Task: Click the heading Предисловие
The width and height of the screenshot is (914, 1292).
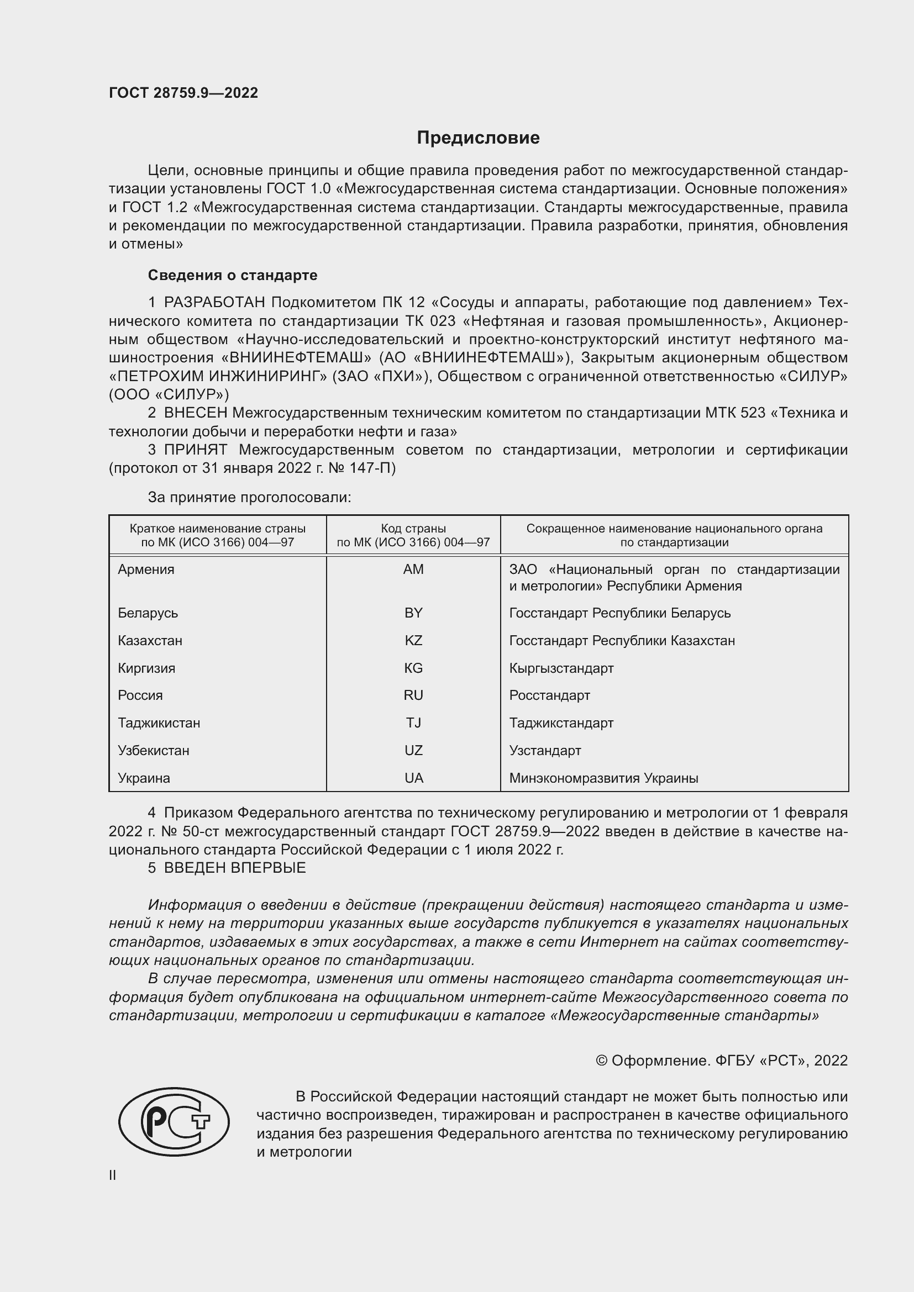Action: [x=478, y=138]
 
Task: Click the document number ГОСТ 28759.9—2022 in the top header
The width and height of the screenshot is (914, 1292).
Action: [x=183, y=93]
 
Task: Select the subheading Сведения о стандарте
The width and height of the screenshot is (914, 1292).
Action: [x=233, y=275]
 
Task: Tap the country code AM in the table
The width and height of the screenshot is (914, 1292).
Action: [x=413, y=569]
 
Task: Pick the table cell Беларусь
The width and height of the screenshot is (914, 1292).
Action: [x=148, y=613]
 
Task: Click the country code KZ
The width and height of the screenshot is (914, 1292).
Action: [x=413, y=640]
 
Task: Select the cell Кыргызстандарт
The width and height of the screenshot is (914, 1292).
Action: [x=561, y=668]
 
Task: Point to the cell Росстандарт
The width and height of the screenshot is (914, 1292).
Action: [x=549, y=695]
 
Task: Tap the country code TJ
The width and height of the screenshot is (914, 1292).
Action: [x=413, y=723]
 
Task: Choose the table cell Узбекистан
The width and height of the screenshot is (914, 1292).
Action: [x=154, y=751]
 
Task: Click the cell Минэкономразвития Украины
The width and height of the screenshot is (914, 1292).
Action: [x=603, y=778]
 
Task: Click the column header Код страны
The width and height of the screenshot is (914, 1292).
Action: [x=413, y=529]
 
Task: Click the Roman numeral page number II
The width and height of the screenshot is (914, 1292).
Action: [x=113, y=1175]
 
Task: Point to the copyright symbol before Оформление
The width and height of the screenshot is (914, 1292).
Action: [x=601, y=1061]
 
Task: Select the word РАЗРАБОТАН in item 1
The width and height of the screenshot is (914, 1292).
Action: [x=214, y=303]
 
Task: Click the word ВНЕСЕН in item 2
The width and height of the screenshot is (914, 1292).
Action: [x=195, y=413]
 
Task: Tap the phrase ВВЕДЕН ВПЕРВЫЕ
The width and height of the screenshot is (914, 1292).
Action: [x=235, y=868]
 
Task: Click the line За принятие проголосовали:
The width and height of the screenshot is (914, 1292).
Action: [x=249, y=498]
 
